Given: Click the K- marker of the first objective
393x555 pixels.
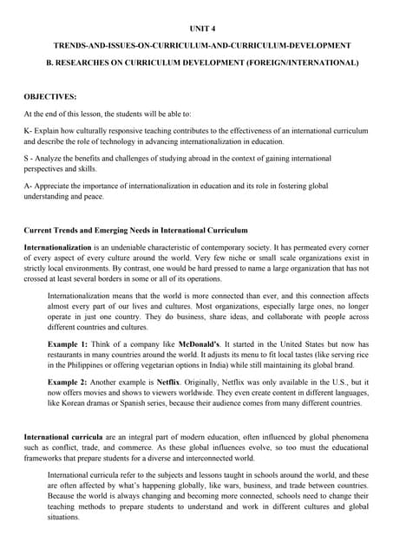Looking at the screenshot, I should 28,130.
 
